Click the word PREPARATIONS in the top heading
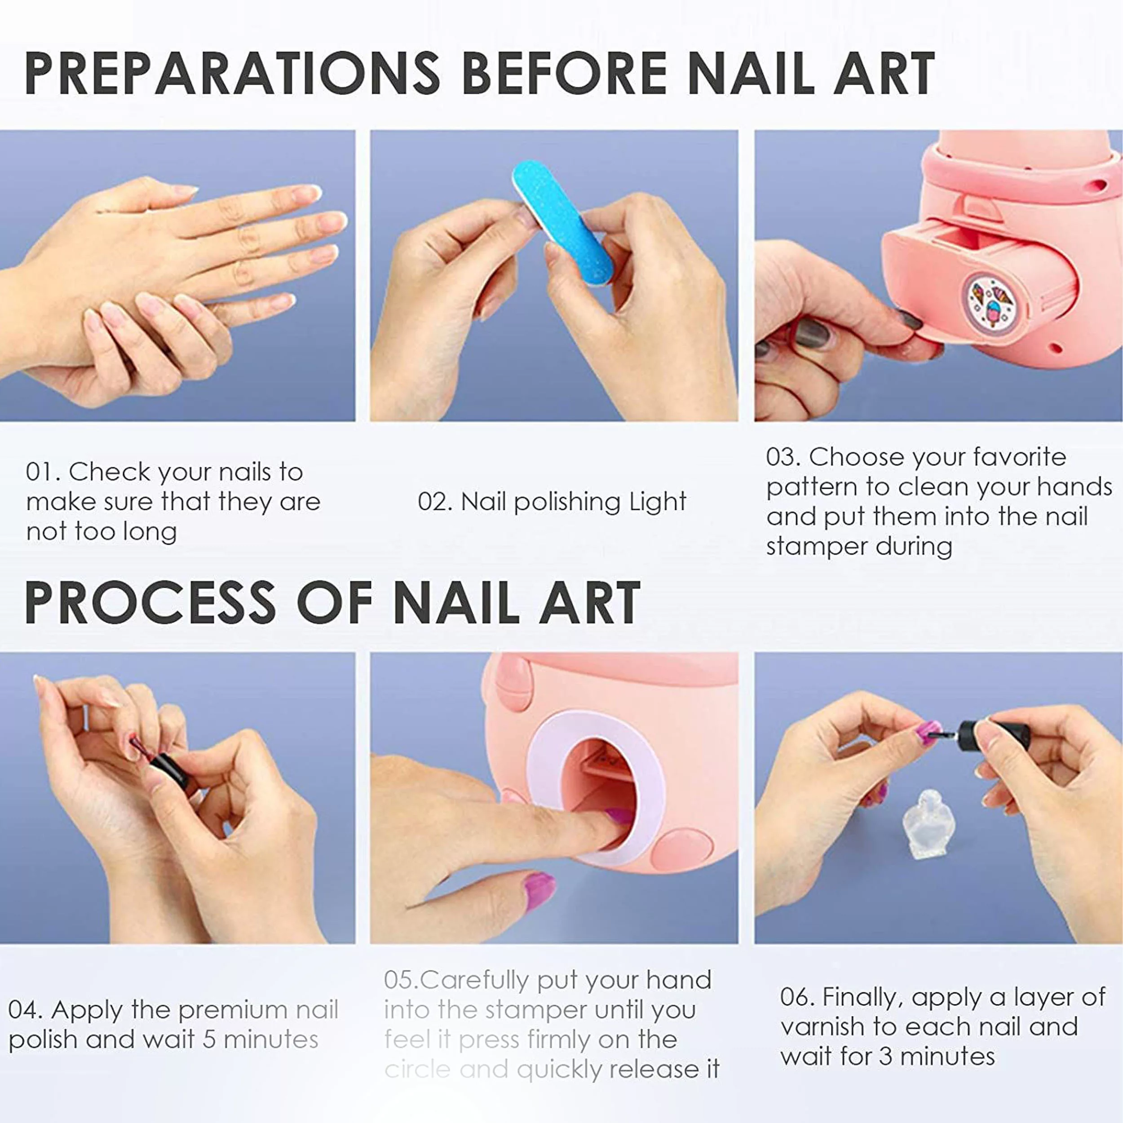232,73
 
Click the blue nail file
562,223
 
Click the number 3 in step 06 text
886,1056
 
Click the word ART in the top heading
884,73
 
